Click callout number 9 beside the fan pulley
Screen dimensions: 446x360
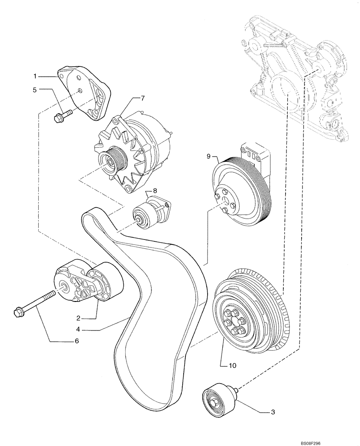[208, 156]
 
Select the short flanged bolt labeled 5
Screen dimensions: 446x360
[60, 117]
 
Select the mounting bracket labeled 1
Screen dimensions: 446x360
[85, 91]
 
